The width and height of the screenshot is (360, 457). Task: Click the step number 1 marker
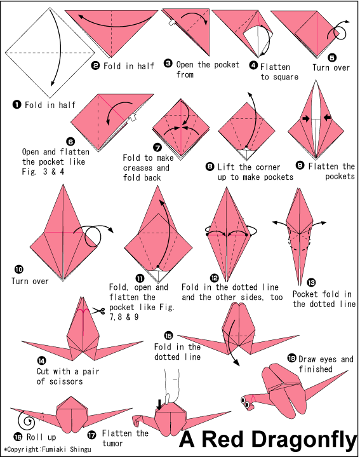17,105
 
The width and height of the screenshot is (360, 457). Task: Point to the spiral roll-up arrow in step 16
27,420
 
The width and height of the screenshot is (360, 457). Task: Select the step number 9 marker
300,165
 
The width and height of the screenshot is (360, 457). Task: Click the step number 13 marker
310,282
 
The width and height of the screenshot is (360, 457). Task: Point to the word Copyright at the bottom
25,451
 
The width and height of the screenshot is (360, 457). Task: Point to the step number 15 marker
168,335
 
